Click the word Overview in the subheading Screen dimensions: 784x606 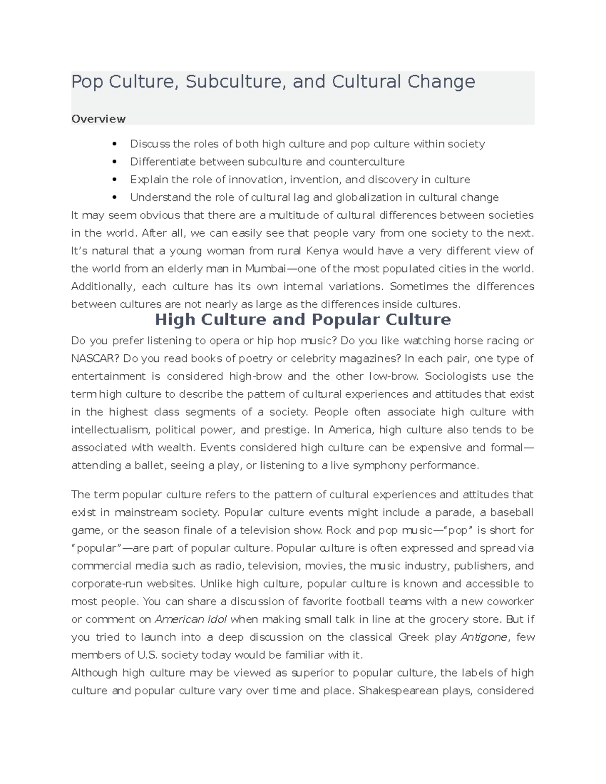[x=98, y=119]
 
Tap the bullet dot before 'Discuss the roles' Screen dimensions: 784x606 [x=115, y=144]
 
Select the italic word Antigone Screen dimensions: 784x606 [x=484, y=637]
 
